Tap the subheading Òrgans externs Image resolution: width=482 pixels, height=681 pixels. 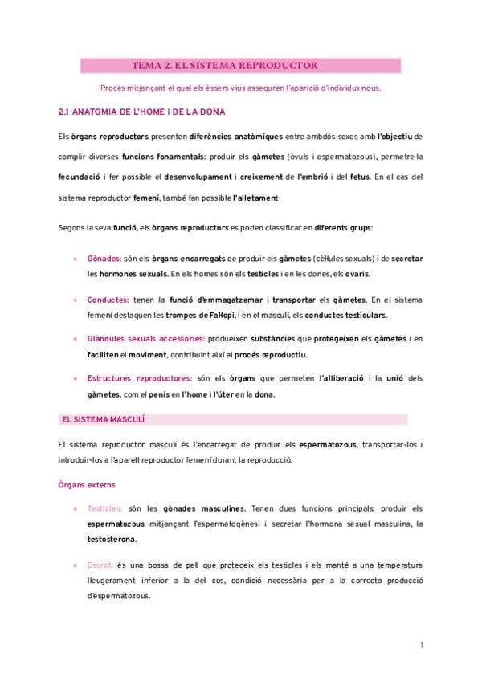(x=87, y=484)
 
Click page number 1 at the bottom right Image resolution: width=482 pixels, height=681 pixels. (x=421, y=646)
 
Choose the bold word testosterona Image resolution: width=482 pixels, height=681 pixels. (x=112, y=539)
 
